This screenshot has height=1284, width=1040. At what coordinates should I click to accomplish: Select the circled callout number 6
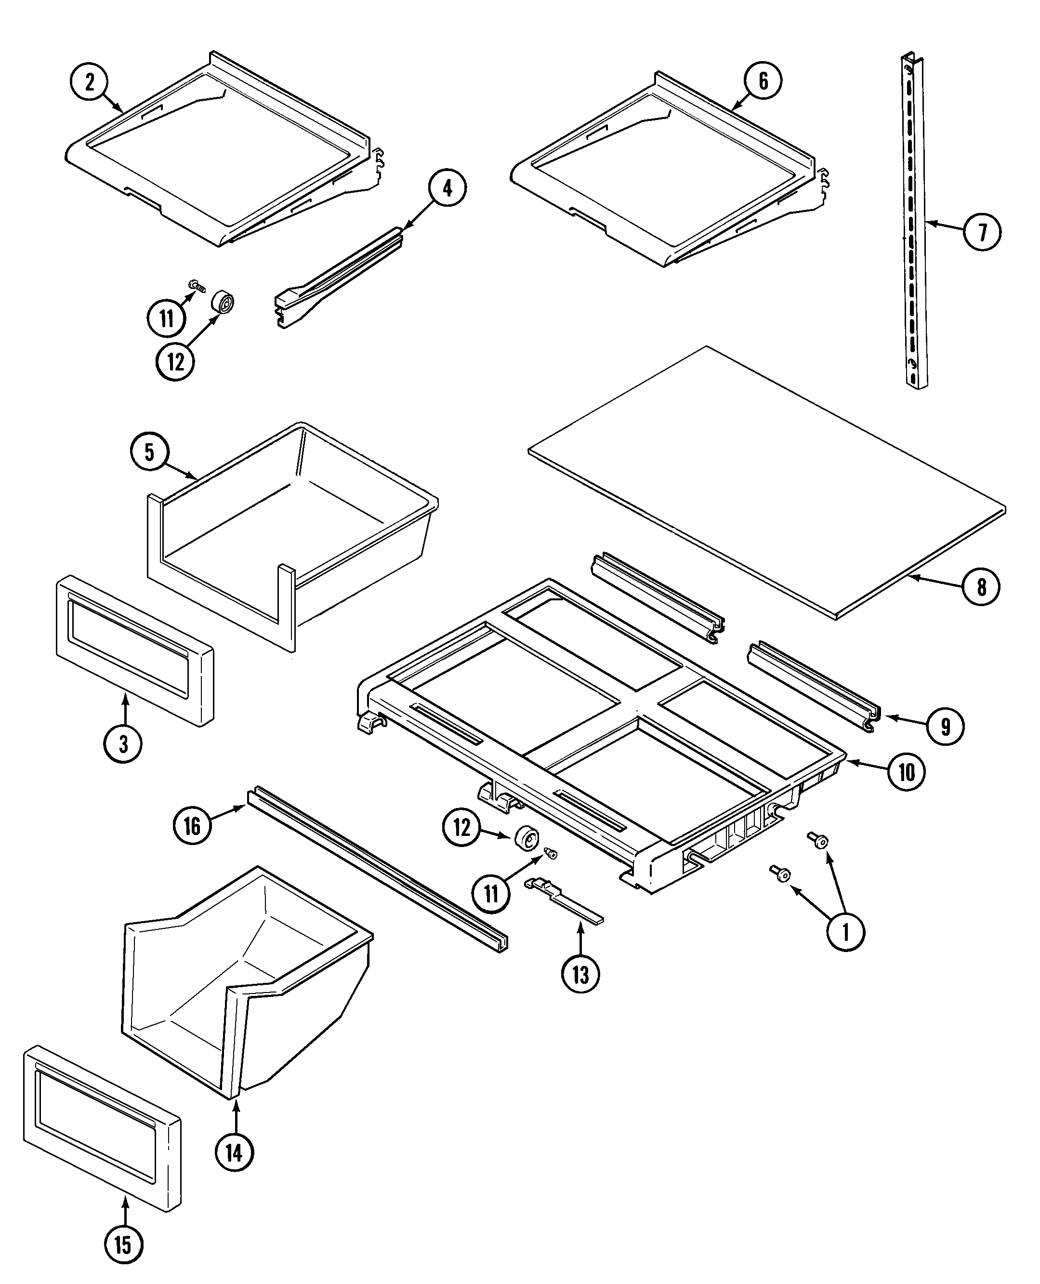763,81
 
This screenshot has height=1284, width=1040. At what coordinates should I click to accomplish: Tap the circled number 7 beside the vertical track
982,233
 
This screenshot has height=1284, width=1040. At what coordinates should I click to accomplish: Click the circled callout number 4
447,188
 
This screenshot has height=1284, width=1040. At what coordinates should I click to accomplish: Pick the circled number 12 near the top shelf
175,362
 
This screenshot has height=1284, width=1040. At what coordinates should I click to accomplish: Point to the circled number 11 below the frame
491,895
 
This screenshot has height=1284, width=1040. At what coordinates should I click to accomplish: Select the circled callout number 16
192,826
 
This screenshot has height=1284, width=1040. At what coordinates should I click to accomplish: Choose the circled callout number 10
907,772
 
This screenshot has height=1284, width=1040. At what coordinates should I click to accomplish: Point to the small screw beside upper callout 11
197,286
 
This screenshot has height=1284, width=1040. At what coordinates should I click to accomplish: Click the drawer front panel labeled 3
135,651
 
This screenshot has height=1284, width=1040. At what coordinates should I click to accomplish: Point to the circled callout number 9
946,727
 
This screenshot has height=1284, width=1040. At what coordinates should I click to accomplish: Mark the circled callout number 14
234,1152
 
